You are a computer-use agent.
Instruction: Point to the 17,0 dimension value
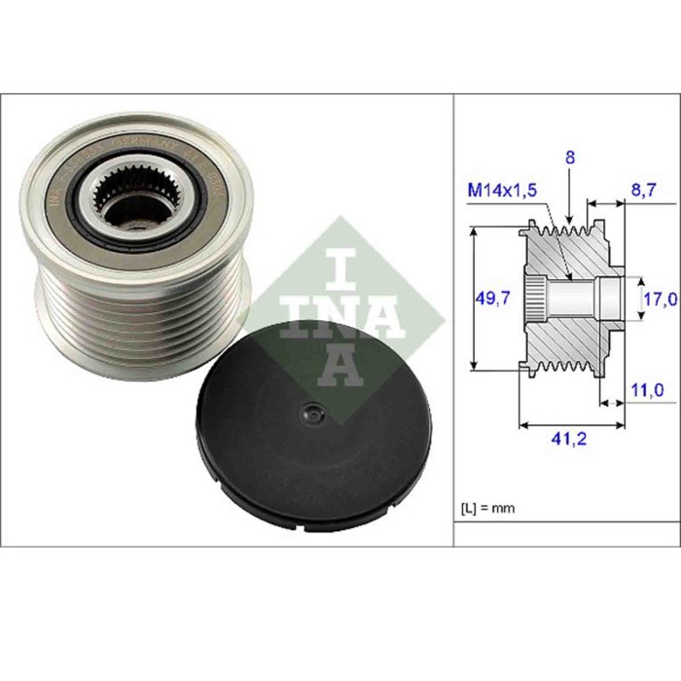pyautogui.click(x=659, y=300)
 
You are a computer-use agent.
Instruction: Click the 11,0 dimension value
pyautogui.click(x=646, y=389)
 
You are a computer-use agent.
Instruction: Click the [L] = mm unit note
pyautogui.click(x=486, y=508)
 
